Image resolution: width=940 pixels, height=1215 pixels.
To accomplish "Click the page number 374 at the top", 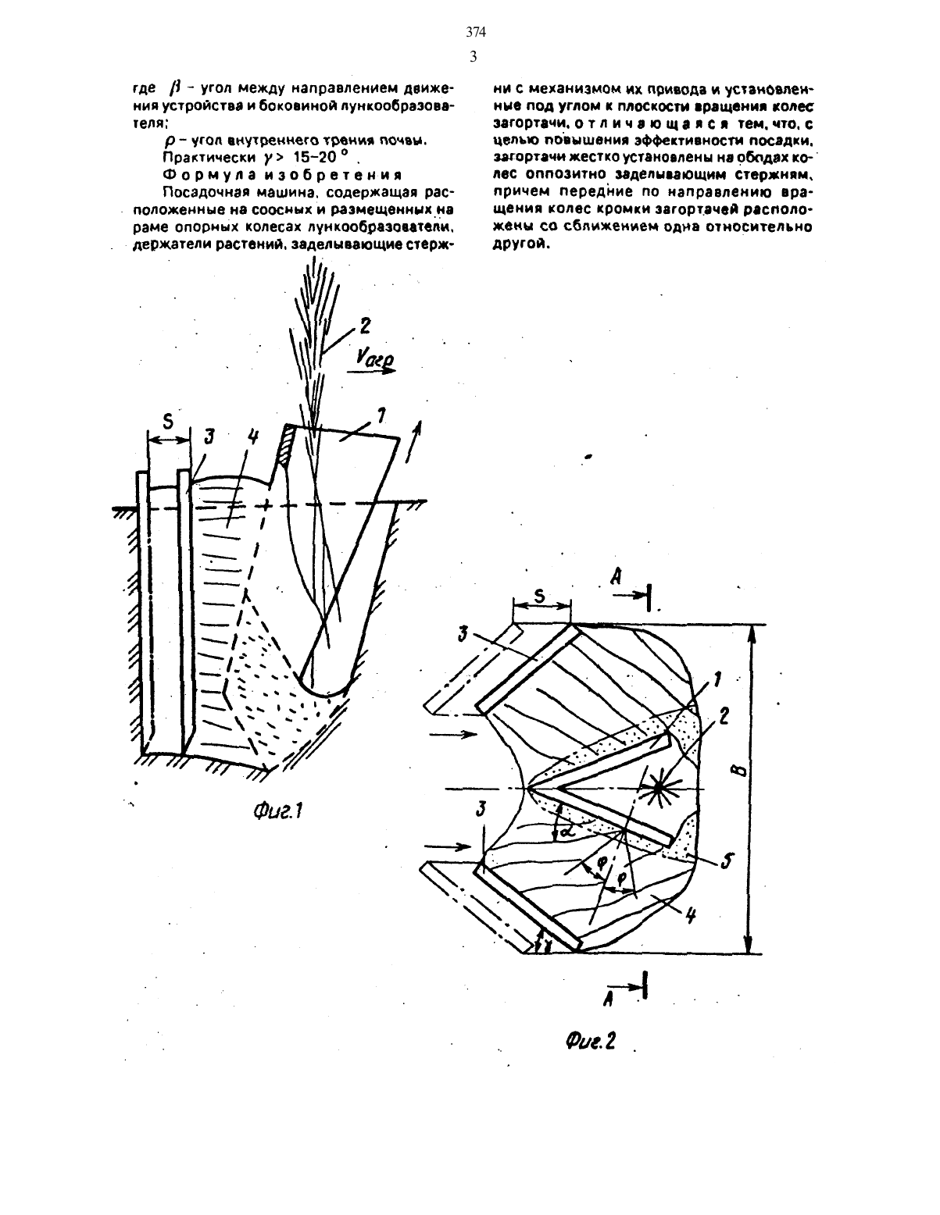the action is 476,33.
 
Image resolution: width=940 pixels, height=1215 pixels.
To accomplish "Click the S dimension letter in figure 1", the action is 167,419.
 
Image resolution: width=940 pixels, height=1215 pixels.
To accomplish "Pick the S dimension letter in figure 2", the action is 539,596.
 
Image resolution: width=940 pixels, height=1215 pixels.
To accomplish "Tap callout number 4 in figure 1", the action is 253,437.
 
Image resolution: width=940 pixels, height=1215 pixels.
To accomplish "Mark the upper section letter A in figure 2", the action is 616,576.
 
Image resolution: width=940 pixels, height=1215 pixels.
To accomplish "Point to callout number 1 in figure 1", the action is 381,415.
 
